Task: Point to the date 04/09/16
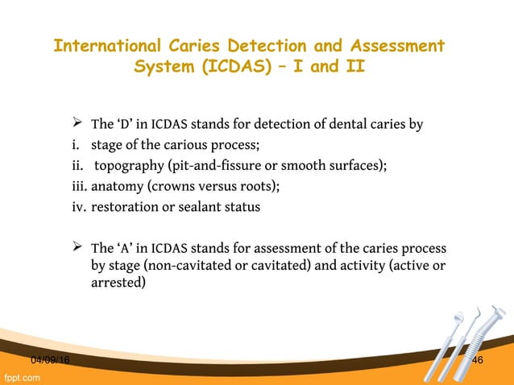point(49,359)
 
